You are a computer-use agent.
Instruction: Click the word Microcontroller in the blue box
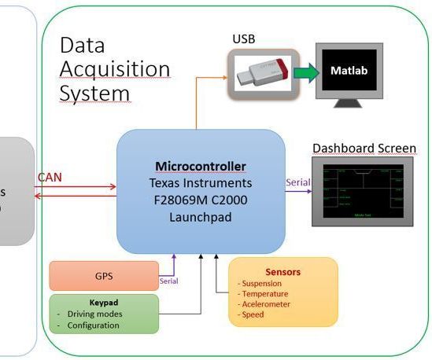pos(200,167)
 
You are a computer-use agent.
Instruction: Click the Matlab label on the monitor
pos(350,71)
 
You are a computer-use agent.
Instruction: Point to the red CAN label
pos(49,178)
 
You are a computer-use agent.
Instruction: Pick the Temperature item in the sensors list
pos(265,293)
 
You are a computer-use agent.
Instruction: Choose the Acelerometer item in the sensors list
pos(267,303)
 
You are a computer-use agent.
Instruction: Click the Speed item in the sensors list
pos(254,314)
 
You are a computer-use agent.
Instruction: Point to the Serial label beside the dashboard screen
pos(298,182)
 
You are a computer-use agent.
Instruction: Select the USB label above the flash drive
pos(243,39)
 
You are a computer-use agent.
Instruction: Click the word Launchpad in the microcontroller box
pos(201,216)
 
